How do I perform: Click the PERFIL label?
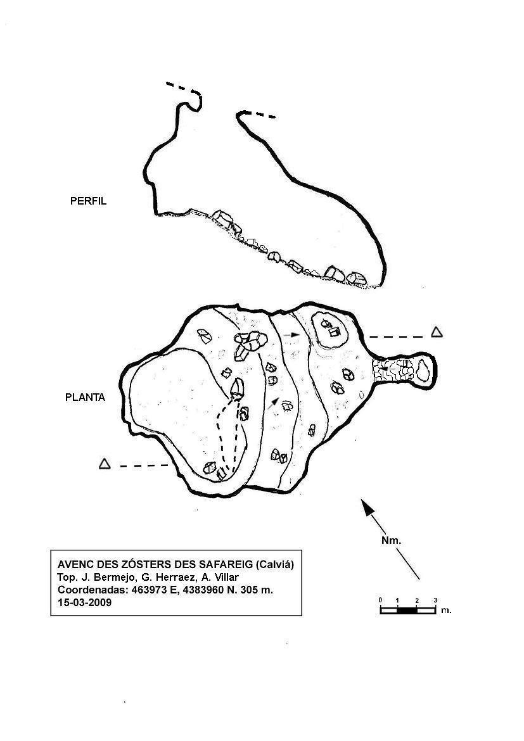89,201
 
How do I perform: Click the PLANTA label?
85,398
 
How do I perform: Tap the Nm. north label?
391,541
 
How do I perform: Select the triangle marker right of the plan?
437,332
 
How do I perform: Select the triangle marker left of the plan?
105,464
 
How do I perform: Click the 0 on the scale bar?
380,600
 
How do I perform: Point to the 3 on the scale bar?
435,600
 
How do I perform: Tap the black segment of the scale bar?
407,610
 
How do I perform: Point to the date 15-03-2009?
85,602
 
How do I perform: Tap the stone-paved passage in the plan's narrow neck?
392,370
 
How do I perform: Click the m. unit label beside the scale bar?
446,610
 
